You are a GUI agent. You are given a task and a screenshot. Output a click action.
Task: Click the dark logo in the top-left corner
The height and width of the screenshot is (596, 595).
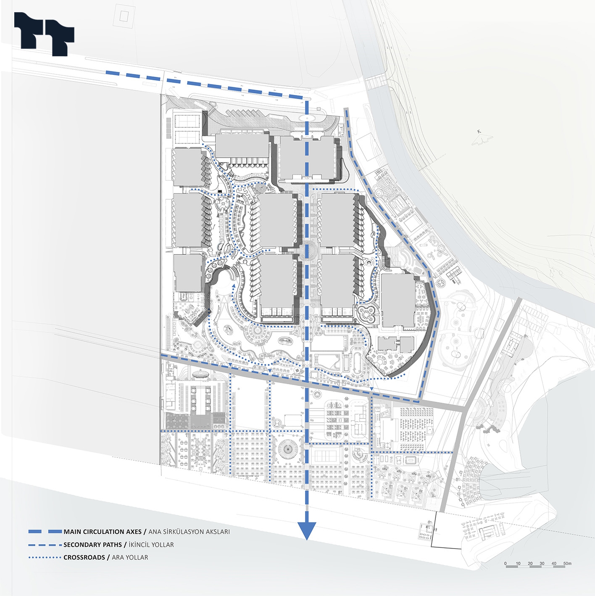(x=44, y=34)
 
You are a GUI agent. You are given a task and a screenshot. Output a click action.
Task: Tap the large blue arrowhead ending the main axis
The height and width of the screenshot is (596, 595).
(x=307, y=530)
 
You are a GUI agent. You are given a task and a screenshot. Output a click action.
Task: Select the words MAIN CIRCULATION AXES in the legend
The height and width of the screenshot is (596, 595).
(x=103, y=532)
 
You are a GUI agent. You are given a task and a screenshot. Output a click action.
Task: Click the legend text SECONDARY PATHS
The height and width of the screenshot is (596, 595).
(x=92, y=545)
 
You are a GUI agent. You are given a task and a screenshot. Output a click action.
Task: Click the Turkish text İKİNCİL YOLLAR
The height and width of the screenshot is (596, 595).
(x=151, y=545)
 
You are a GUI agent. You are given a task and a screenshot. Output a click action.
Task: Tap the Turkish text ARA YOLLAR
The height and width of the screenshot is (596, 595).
(x=130, y=557)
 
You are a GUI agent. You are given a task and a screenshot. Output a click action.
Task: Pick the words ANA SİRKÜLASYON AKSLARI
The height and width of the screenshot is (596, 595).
(x=189, y=532)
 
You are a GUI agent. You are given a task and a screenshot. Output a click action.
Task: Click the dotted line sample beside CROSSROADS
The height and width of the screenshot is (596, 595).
(x=45, y=558)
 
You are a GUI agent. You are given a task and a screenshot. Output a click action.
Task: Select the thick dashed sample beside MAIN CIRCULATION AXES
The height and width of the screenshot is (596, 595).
(x=45, y=532)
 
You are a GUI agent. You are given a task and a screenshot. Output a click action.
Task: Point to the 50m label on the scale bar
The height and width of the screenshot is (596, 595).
(x=567, y=563)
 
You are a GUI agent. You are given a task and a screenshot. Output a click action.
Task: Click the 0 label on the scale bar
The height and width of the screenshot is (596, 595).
(x=505, y=563)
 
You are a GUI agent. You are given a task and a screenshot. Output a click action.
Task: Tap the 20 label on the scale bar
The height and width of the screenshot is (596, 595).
(x=530, y=563)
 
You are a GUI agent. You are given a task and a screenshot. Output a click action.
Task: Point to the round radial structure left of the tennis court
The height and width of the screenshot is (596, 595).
(x=288, y=449)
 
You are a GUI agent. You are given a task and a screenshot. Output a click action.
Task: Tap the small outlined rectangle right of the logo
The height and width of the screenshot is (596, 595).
(x=124, y=16)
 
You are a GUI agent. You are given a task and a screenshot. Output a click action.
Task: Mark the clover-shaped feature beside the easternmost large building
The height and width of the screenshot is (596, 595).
(x=368, y=314)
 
